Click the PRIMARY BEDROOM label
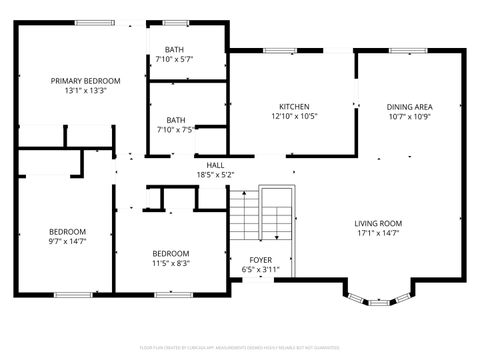coord(86,80)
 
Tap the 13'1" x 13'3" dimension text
coord(86,90)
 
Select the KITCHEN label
coord(293,107)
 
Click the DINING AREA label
coord(409,107)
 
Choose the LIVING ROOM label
coord(378,223)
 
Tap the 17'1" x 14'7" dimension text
coord(378,233)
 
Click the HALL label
coord(215,165)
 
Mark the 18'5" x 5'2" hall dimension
coord(215,175)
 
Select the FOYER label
coord(247,260)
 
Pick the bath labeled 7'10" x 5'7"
coord(175,59)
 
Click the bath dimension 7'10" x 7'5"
coord(175,129)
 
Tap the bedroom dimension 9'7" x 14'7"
coord(68,241)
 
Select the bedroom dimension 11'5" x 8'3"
coord(170,263)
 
